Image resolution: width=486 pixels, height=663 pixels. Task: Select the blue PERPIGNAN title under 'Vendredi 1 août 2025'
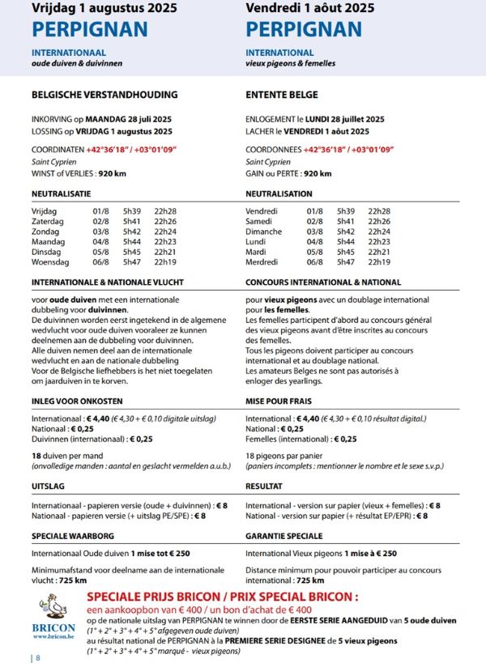pyautogui.click(x=304, y=30)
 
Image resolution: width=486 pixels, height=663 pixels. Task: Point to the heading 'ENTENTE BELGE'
pyautogui.click(x=282, y=95)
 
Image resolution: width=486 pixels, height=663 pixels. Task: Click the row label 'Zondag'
pyautogui.click(x=46, y=232)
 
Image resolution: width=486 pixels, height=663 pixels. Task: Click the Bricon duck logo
pyautogui.click(x=56, y=611)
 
